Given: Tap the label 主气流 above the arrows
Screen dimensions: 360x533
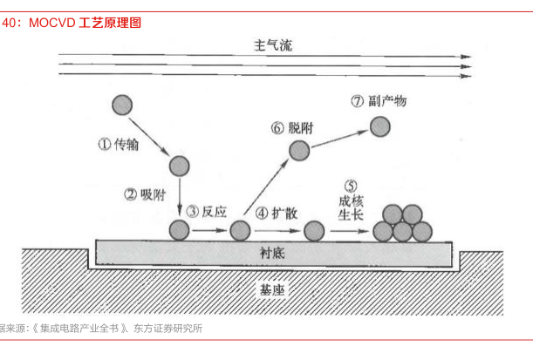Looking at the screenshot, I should [272, 44].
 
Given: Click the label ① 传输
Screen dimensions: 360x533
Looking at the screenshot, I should [118, 145].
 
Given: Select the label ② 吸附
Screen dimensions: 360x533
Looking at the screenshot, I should [145, 194].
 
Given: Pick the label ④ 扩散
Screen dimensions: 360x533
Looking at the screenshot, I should [277, 212].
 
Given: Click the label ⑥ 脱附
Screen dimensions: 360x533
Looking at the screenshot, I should [294, 128].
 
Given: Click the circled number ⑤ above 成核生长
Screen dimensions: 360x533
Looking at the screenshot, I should [352, 186].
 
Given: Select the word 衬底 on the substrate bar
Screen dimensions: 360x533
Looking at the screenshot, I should [272, 253].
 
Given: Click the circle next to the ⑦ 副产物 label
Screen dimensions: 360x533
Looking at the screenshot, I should [380, 126].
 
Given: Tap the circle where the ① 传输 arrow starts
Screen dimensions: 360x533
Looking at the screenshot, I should [123, 106].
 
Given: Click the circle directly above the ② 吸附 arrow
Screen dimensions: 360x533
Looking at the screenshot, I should [179, 165].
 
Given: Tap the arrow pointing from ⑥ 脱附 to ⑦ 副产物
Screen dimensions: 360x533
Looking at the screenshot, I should [340, 139].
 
